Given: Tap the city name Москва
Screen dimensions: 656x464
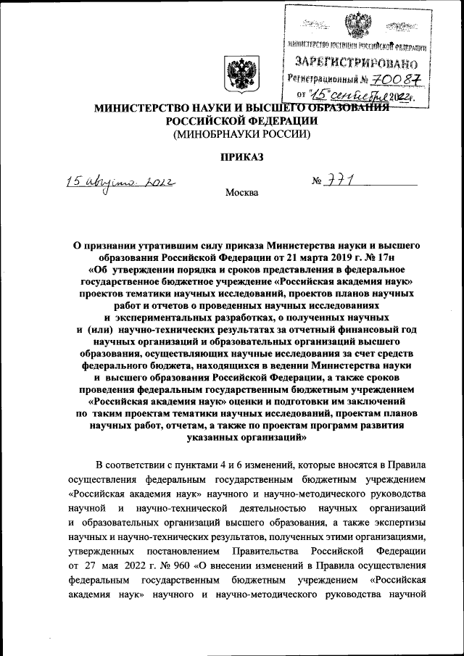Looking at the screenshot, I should (241, 193).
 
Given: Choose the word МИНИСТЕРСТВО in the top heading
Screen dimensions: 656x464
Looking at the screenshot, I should (136, 108).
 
